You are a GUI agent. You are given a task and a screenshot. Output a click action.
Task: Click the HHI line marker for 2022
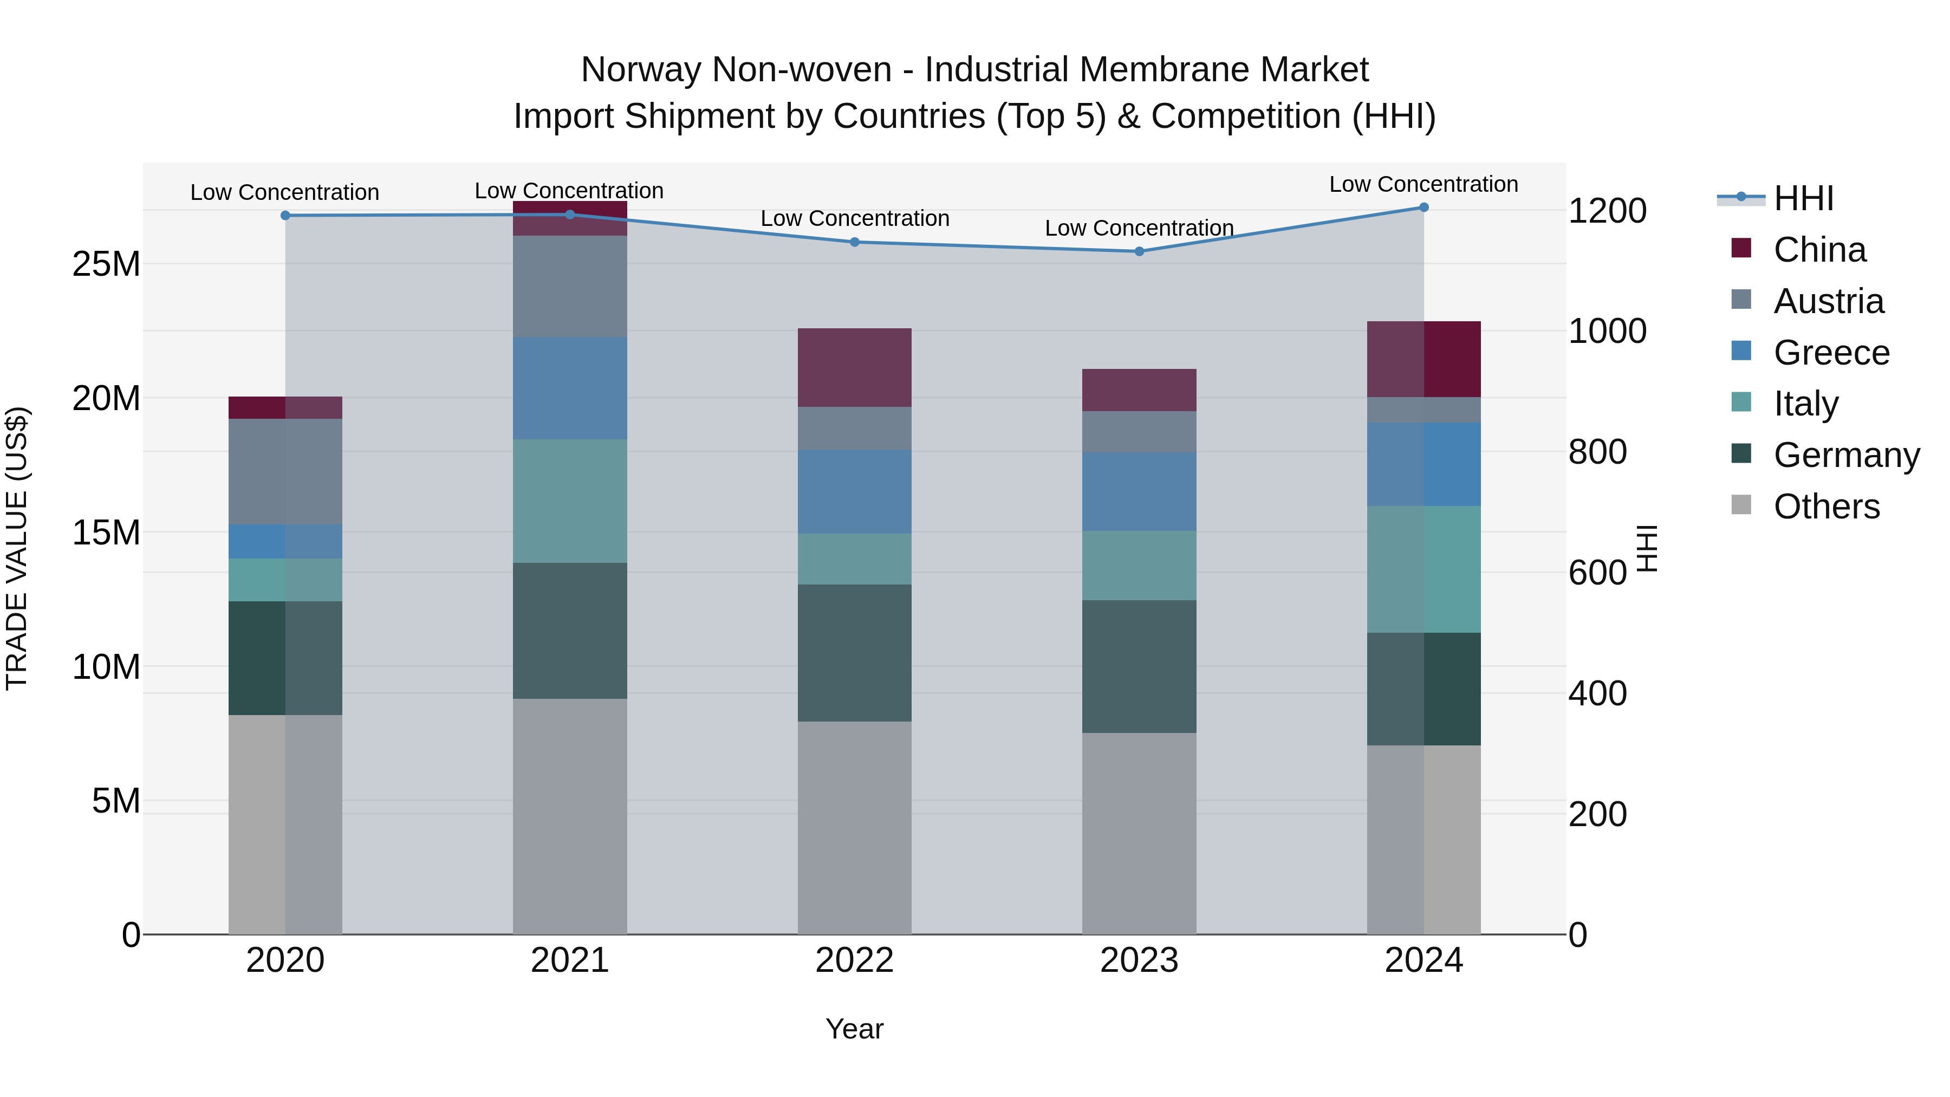click(x=855, y=242)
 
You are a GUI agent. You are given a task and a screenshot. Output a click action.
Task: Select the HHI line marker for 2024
click(x=1424, y=207)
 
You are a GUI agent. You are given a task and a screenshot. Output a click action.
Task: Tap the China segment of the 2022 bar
click(x=855, y=368)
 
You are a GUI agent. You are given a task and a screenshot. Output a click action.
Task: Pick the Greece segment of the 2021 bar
click(x=570, y=388)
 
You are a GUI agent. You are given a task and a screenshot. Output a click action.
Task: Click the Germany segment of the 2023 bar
click(x=1139, y=666)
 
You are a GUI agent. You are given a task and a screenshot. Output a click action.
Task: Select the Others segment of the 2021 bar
click(x=570, y=816)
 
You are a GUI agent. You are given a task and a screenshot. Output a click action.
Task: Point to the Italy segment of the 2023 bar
click(x=1139, y=566)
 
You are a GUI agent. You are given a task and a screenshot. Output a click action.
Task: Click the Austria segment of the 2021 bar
click(x=570, y=286)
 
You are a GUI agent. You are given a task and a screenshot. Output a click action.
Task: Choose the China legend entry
click(x=1819, y=250)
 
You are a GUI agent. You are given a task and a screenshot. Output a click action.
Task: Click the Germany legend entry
click(x=1845, y=455)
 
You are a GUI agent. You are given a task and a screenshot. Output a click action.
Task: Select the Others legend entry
click(x=1826, y=507)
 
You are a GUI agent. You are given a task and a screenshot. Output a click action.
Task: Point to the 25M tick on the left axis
click(x=106, y=264)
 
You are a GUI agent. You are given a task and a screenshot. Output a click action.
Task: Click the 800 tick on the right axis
click(x=1597, y=452)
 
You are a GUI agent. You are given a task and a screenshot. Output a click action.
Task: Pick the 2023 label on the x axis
click(x=1139, y=960)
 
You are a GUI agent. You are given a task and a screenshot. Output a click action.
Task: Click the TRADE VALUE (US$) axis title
click(x=17, y=548)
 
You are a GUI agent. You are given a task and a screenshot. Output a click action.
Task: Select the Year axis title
click(x=855, y=1029)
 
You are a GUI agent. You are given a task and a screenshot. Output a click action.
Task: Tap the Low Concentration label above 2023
click(x=1139, y=228)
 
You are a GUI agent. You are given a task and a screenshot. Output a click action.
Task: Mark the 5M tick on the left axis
click(x=116, y=800)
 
